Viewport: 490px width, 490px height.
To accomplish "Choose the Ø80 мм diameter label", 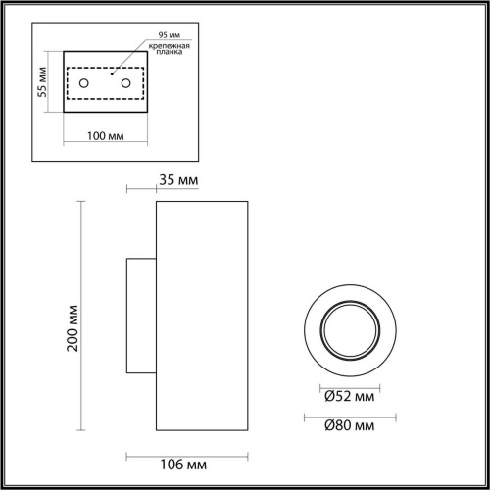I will click(350, 425).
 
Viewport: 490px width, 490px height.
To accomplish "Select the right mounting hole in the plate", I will click(125, 83).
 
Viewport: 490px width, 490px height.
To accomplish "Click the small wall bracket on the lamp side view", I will click(140, 315).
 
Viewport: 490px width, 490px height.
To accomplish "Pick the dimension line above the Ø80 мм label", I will click(348, 414).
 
